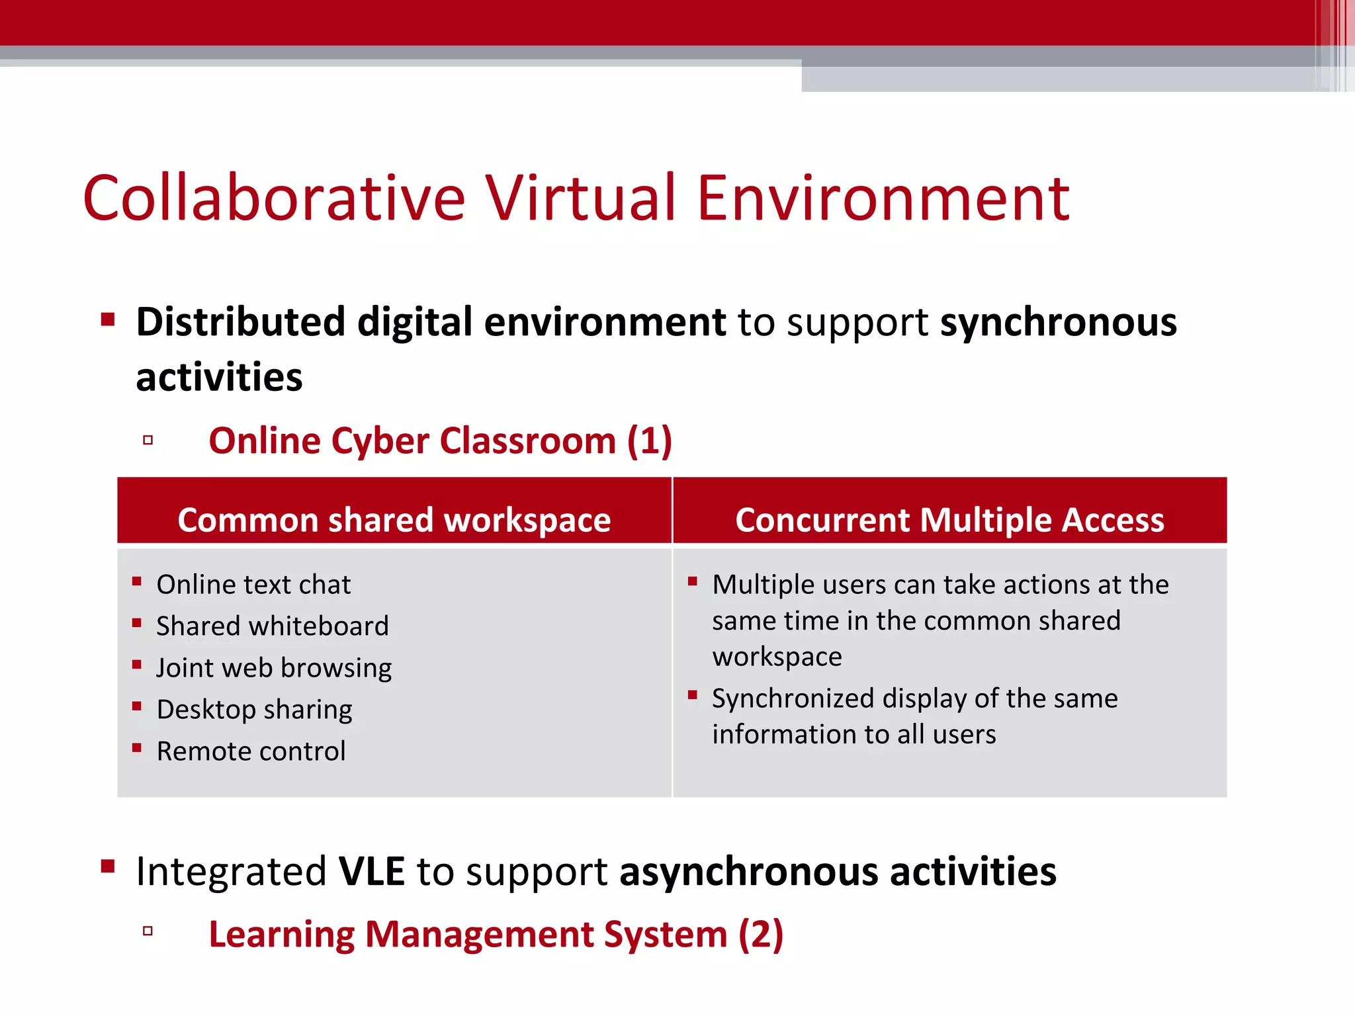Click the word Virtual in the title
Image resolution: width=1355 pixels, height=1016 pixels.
[x=582, y=198]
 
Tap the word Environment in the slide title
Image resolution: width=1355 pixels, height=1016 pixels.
[x=883, y=198]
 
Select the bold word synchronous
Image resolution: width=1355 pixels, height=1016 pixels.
[x=1059, y=323]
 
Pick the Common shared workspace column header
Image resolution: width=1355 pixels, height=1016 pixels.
[x=394, y=520]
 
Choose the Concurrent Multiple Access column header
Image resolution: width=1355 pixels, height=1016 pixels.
[x=949, y=520]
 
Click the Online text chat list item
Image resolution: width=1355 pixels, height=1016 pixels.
[x=253, y=585]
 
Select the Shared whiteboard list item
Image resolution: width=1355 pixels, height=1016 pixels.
[x=273, y=626]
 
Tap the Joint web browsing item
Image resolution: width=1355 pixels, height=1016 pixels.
[x=274, y=668]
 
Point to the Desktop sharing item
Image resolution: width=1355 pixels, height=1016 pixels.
[x=255, y=710]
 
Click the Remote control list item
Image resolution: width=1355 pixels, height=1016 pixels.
[x=251, y=751]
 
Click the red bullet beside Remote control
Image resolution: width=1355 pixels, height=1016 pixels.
[x=137, y=748]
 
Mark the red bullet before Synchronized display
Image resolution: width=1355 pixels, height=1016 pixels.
[x=693, y=695]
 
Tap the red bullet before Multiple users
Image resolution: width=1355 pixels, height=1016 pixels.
[x=693, y=581]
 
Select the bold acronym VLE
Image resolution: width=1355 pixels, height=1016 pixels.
[x=371, y=871]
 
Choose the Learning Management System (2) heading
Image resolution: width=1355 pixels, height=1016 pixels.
[x=496, y=934]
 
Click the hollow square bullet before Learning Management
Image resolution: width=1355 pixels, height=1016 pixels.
[x=148, y=931]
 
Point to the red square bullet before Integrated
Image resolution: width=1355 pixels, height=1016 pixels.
[x=108, y=867]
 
